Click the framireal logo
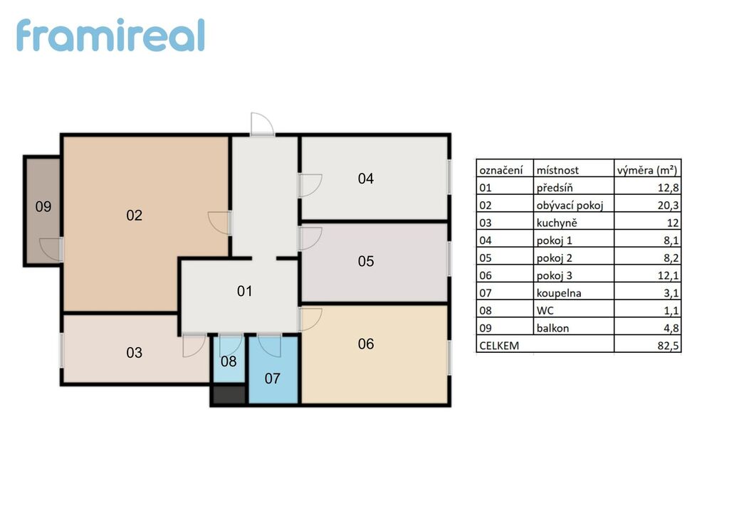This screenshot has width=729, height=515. (110, 36)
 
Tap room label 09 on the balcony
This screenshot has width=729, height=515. (43, 207)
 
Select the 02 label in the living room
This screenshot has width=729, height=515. (135, 216)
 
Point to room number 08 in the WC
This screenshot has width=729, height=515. (229, 361)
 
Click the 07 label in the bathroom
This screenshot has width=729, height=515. (273, 378)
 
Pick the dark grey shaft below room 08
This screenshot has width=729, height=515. (229, 395)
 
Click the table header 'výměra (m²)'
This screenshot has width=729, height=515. (646, 170)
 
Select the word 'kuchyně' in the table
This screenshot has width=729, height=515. (557, 223)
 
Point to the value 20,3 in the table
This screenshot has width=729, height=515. (668, 206)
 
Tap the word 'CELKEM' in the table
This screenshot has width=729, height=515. (499, 346)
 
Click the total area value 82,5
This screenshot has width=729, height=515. (668, 346)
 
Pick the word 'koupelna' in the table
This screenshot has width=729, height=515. (559, 293)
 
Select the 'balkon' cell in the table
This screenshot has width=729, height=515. (552, 329)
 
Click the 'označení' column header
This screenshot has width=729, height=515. (501, 171)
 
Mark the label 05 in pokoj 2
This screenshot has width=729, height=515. (366, 262)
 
